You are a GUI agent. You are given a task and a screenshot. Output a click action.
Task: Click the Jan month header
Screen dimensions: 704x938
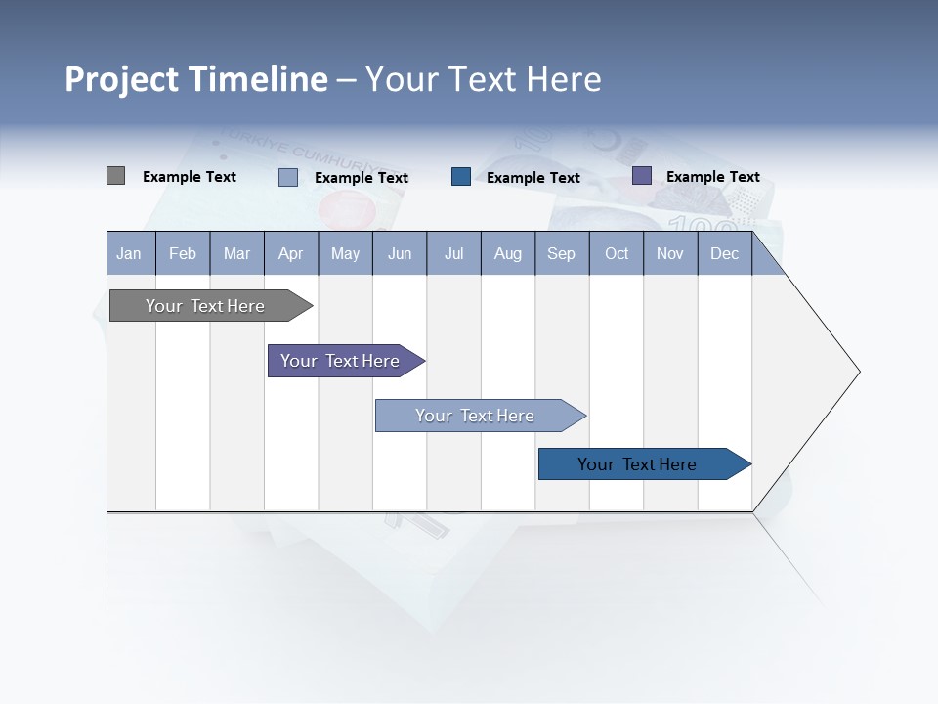[130, 253]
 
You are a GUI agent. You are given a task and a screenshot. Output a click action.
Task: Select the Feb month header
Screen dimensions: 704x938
[183, 253]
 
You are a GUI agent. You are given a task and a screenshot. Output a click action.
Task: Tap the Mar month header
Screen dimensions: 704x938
[236, 253]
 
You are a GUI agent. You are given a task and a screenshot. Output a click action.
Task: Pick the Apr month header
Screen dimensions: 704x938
[291, 253]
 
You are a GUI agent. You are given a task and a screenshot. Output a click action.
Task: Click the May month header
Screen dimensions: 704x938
[345, 253]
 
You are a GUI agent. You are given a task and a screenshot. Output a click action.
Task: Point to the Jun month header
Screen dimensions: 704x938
[400, 253]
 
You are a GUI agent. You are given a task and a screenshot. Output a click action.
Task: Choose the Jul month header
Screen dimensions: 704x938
[453, 253]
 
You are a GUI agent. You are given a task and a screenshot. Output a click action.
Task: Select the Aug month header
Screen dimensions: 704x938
[508, 253]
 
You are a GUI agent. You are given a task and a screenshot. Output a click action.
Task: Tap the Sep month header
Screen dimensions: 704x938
[562, 253]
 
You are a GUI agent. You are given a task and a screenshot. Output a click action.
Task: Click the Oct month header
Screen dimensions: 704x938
[617, 253]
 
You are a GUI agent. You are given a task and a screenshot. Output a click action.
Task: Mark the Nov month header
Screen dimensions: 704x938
[670, 253]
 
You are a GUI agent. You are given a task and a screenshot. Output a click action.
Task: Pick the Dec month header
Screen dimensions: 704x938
[725, 253]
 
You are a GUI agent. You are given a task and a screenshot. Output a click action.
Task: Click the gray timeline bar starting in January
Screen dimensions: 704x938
[206, 306]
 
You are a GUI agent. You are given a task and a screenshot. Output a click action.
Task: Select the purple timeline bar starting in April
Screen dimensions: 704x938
[341, 361]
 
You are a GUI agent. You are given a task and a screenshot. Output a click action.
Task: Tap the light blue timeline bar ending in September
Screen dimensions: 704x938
[476, 416]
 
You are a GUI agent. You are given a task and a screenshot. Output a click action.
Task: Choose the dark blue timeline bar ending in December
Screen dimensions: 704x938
[638, 464]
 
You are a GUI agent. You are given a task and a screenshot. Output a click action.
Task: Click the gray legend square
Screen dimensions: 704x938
[115, 176]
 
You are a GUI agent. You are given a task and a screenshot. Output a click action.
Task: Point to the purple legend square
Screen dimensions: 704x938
[641, 176]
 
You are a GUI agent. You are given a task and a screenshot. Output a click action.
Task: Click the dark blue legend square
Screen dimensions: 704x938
[461, 177]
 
